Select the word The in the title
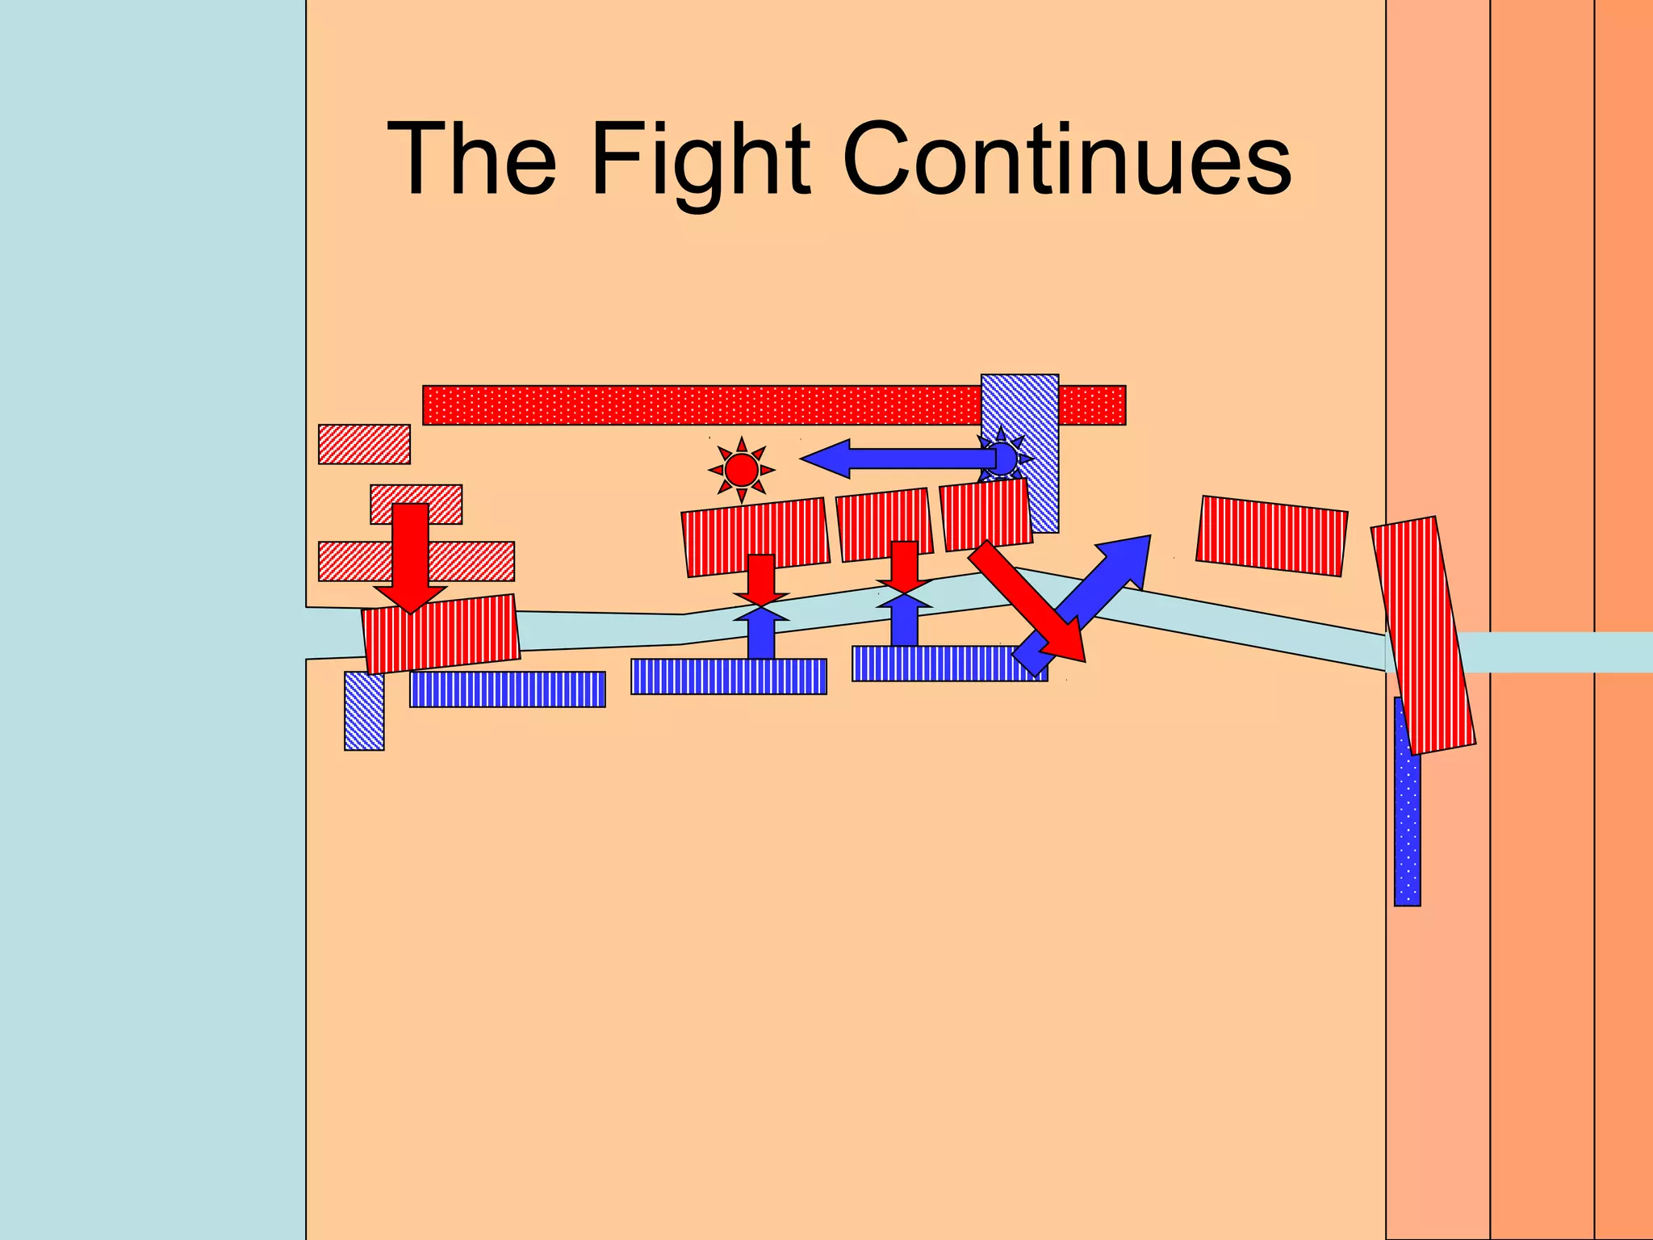(471, 159)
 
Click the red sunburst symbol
(741, 469)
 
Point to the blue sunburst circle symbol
(1002, 459)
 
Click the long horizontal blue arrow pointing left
(896, 459)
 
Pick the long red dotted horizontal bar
(694, 404)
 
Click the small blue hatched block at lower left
(364, 710)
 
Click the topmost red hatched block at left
(364, 444)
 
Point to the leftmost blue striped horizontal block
(507, 689)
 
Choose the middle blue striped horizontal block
(728, 677)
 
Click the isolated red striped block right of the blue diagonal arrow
(1271, 535)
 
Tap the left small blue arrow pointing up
(760, 634)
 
